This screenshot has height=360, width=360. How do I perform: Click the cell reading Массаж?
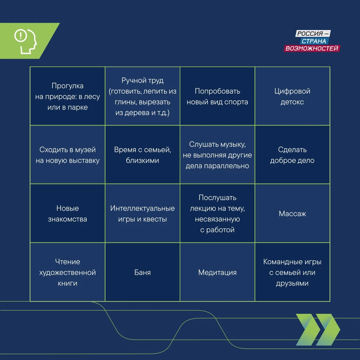292,213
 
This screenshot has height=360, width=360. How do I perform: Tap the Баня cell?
142,272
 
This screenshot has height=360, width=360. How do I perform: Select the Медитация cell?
217,272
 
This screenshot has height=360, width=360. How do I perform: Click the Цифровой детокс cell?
292,96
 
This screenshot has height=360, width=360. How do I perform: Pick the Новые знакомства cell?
67,213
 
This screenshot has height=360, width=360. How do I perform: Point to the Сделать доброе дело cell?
292,155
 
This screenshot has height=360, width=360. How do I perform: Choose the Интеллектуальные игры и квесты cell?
142,213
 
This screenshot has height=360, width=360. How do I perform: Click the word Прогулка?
67,86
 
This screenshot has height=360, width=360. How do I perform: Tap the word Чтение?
67,262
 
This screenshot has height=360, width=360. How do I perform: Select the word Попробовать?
217,91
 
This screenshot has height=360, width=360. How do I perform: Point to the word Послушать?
217,198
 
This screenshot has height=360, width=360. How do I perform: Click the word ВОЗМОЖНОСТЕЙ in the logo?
312,48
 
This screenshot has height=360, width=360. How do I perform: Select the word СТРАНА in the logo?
314,41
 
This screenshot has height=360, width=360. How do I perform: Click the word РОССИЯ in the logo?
310,34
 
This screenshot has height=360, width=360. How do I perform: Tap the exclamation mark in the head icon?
21,35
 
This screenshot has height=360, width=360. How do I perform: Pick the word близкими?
142,160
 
